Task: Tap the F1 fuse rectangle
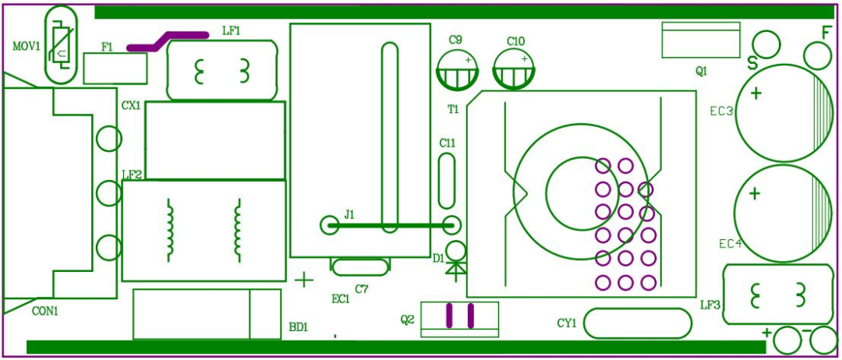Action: pyautogui.click(x=115, y=70)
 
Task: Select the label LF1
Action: pyautogui.click(x=232, y=30)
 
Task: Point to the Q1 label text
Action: pyautogui.click(x=702, y=72)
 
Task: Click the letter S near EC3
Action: pyautogui.click(x=753, y=64)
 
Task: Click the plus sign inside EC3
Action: pyautogui.click(x=756, y=94)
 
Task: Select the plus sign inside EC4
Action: pyautogui.click(x=755, y=193)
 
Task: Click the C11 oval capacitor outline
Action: pyautogui.click(x=447, y=181)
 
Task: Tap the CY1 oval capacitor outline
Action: pyautogui.click(x=638, y=323)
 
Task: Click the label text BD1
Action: pyautogui.click(x=299, y=326)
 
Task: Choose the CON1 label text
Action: pyautogui.click(x=45, y=311)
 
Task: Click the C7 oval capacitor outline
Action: pyautogui.click(x=359, y=267)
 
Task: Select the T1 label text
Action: pyautogui.click(x=453, y=109)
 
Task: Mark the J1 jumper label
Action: pyautogui.click(x=349, y=215)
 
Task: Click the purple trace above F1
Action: pyautogui.click(x=168, y=41)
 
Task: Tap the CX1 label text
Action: pyautogui.click(x=130, y=106)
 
